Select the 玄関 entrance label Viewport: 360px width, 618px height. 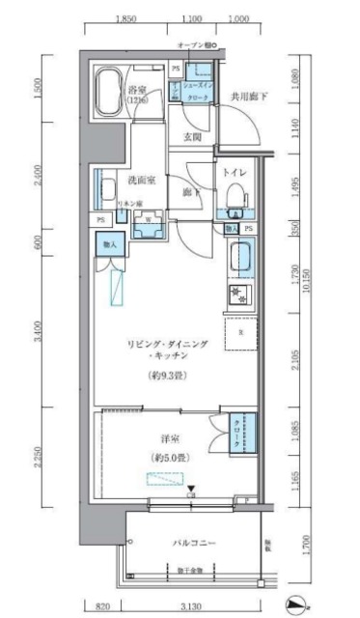tap(192, 137)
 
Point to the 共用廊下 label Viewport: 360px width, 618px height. tap(249, 97)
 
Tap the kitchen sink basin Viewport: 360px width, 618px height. tap(240, 258)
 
